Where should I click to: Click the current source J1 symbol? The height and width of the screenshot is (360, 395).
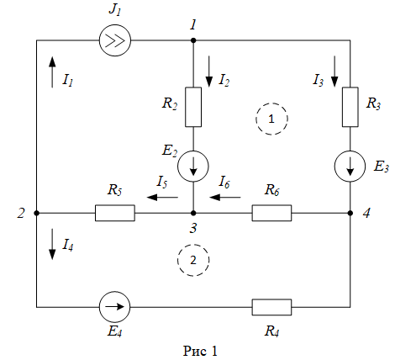[115, 40]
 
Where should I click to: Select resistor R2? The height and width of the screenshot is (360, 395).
[193, 107]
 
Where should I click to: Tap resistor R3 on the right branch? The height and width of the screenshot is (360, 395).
[350, 107]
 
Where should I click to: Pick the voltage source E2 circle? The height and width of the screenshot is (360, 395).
[193, 166]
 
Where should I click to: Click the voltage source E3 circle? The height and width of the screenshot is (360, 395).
[350, 166]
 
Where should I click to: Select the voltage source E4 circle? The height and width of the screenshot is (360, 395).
[115, 307]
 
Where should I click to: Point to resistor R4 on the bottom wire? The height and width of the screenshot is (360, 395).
[271, 307]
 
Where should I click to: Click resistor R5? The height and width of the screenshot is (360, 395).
[115, 213]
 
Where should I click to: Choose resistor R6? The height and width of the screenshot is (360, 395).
[271, 213]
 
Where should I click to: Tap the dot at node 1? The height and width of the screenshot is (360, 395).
[193, 40]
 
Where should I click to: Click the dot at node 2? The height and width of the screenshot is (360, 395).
[36, 213]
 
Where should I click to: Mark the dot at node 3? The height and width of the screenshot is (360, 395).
[193, 213]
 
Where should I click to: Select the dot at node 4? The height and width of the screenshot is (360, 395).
[350, 213]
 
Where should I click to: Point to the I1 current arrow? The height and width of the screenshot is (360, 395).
[52, 71]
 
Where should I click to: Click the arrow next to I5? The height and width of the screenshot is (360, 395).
[162, 198]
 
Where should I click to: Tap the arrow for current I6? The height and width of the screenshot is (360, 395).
[225, 198]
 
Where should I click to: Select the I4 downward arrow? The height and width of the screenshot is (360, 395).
[52, 244]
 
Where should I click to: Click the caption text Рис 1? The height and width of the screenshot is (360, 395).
[200, 351]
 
